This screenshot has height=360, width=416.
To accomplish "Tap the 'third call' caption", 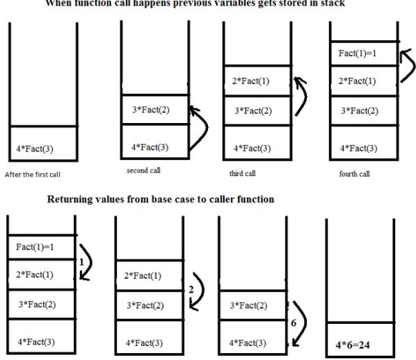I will pos(241,173).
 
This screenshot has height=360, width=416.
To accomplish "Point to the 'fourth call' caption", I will pos(354,173).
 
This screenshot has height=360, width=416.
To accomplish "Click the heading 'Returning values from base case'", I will pos(160,199).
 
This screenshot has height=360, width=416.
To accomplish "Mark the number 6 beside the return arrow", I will pos(295,322).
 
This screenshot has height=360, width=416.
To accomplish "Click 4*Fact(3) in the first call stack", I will pos(34,149).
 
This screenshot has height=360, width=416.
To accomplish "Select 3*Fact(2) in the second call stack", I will pos(150,110).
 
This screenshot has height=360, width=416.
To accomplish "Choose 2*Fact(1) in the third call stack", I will pos(252,82).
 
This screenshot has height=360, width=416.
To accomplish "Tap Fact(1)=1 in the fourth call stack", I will pos(358,54).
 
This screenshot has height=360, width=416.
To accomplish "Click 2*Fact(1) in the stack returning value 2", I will pos(143,276).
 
